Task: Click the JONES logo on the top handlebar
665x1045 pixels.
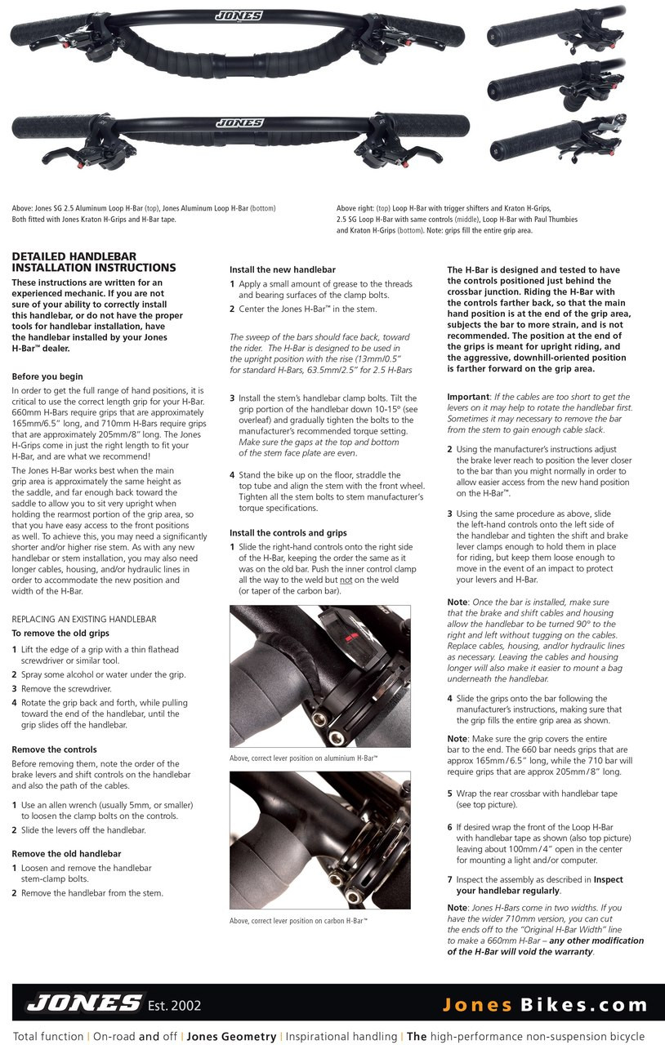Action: [239, 16]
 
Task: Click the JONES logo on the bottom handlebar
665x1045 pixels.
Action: [239, 123]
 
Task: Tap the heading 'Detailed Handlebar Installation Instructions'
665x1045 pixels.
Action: [94, 261]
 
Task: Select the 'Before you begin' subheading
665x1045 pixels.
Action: [47, 376]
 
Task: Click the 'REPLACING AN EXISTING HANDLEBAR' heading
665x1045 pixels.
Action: [84, 619]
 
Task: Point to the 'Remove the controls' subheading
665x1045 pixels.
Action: [54, 749]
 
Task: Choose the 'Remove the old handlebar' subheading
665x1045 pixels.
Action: [66, 853]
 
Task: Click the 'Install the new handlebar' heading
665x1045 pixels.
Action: [283, 269]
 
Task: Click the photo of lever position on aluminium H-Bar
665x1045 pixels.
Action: [319, 675]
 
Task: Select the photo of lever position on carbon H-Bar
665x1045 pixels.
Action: [319, 840]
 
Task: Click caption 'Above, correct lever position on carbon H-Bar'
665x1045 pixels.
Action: [298, 921]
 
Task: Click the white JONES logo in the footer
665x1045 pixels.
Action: [83, 1003]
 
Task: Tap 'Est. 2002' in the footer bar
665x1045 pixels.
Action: [174, 1004]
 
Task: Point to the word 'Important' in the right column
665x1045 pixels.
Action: [467, 396]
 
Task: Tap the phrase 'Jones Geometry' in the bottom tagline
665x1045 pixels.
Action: [231, 1036]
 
